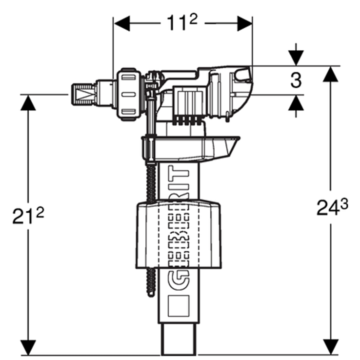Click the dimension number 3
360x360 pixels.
(x=296, y=80)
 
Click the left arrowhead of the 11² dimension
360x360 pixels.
(x=121, y=23)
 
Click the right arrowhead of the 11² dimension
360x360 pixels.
(x=244, y=23)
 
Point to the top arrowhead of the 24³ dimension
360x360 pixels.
(x=331, y=74)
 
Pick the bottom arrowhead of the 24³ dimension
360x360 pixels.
(x=331, y=346)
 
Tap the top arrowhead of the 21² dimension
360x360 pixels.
(x=28, y=102)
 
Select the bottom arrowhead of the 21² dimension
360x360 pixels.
(x=28, y=346)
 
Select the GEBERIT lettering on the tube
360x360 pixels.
(x=179, y=229)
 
